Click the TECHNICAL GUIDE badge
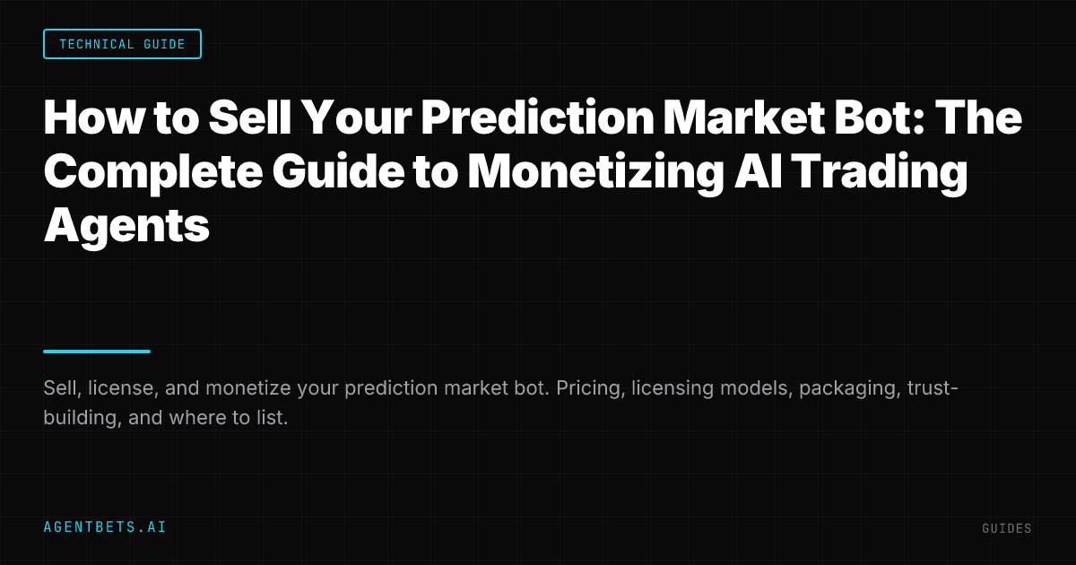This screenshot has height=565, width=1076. [122, 44]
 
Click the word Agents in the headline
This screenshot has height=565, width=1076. [126, 225]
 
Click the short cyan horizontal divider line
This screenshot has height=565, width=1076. [97, 352]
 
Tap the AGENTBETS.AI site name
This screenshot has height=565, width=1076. [105, 527]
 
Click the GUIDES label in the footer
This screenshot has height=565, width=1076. [1007, 529]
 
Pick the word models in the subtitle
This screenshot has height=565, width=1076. [748, 388]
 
